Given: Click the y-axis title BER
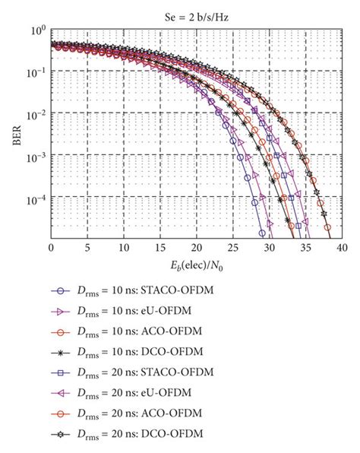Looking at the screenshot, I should point(13,135).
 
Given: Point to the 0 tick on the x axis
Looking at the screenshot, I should point(51,249).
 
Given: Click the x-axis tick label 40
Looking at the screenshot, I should point(343,249).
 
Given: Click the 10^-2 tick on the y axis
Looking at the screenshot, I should point(35,114).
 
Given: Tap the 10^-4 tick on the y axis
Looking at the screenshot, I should point(35,198).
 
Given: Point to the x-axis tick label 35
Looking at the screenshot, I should point(306,249).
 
